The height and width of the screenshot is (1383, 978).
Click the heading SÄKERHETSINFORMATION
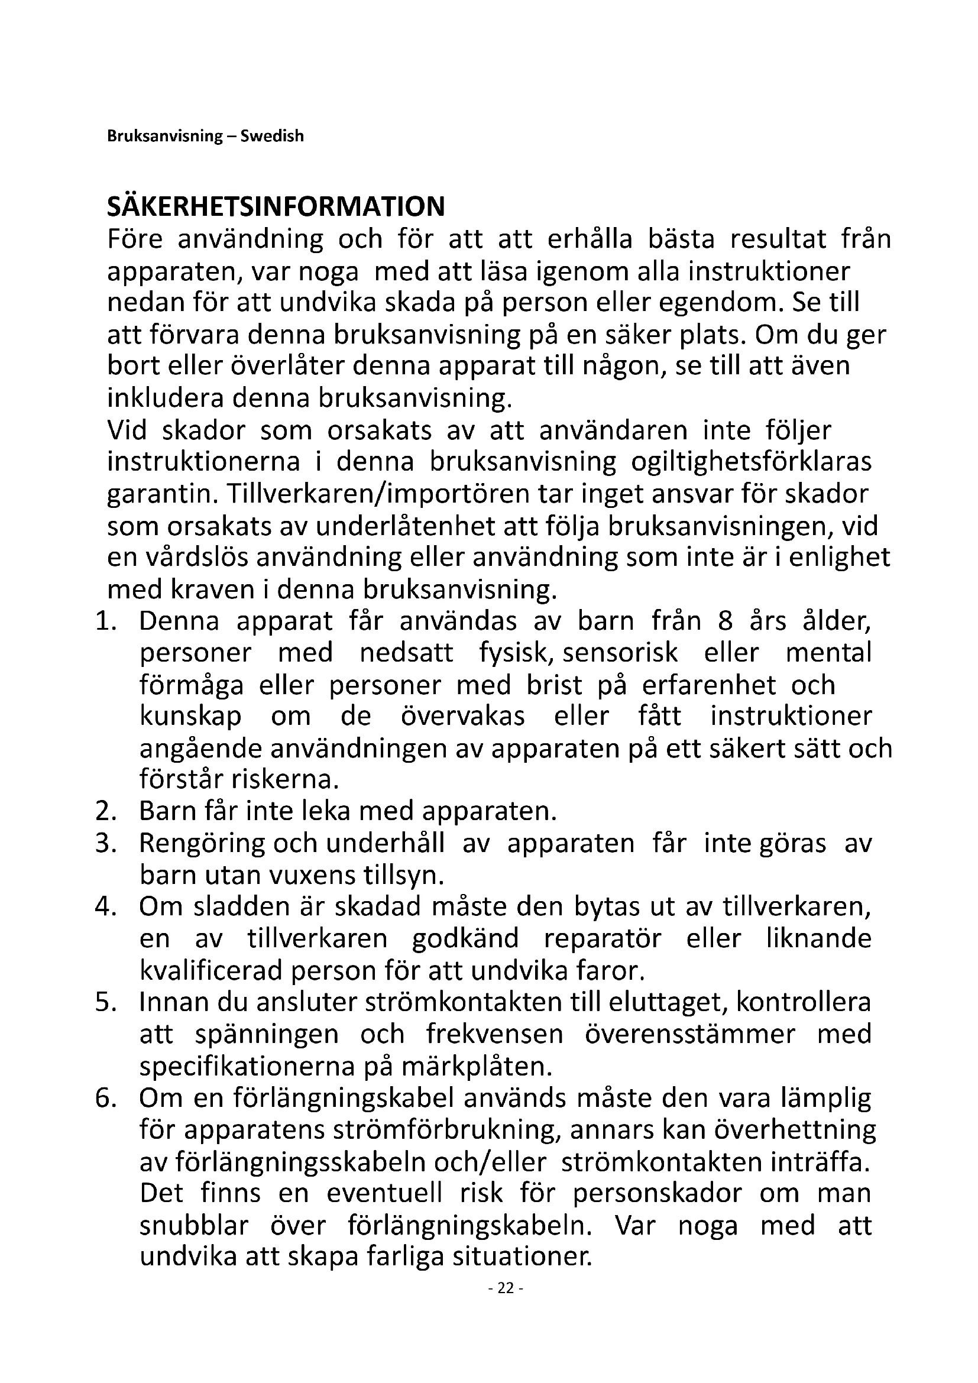point(276,207)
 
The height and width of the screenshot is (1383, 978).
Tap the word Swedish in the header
point(272,137)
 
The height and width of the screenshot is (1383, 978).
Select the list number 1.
point(105,621)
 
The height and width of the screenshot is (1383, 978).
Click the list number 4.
point(105,907)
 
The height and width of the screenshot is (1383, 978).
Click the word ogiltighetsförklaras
point(751,462)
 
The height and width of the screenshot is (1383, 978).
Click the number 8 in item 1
point(725,621)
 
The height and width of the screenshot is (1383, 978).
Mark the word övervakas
point(462,717)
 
